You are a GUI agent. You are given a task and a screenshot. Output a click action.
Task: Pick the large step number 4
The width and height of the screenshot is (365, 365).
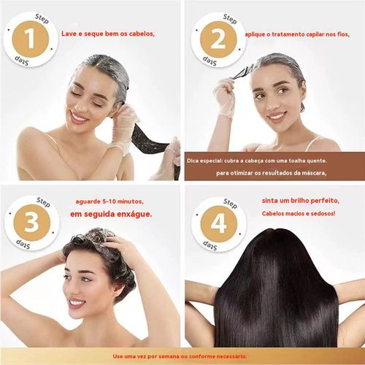[x=217, y=221]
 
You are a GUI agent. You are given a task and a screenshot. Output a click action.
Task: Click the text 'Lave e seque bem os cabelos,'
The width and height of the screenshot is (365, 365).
[x=107, y=33]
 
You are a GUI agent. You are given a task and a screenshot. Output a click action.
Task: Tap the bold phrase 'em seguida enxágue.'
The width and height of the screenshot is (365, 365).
[x=111, y=215]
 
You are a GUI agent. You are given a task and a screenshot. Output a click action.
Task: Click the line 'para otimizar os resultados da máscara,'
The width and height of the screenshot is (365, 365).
[x=270, y=172]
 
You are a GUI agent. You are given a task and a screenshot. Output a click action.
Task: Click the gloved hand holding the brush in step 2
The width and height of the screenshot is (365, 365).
[x=224, y=99]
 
